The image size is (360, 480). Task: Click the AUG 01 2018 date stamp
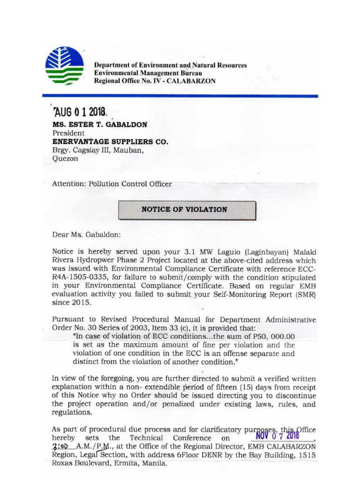click(x=81, y=112)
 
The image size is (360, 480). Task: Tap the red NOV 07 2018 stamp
click(x=278, y=435)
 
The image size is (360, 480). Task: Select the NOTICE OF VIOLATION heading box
click(x=187, y=210)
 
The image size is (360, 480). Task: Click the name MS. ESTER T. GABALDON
click(x=100, y=125)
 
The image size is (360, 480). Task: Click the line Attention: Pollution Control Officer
click(x=112, y=184)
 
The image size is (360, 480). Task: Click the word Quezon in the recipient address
click(x=65, y=158)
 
